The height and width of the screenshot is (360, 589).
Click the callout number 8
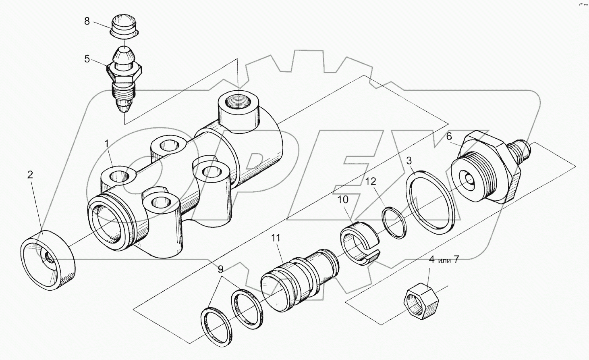click(x=87, y=21)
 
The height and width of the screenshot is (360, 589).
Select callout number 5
click(x=87, y=59)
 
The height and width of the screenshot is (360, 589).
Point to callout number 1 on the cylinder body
click(x=107, y=143)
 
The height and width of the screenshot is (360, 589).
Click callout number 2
click(x=30, y=175)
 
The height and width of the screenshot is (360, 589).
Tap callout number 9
click(x=220, y=269)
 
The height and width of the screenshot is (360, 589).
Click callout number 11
click(x=275, y=238)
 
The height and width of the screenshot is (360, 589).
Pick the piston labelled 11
click(x=298, y=278)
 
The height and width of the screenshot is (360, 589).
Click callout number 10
click(x=342, y=199)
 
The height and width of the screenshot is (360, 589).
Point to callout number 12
click(x=371, y=181)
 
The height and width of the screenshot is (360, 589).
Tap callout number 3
click(x=409, y=161)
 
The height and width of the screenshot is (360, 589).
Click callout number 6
click(x=449, y=137)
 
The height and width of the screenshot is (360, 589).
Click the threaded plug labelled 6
click(x=487, y=169)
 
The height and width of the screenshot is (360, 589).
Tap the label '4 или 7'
click(x=444, y=260)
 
